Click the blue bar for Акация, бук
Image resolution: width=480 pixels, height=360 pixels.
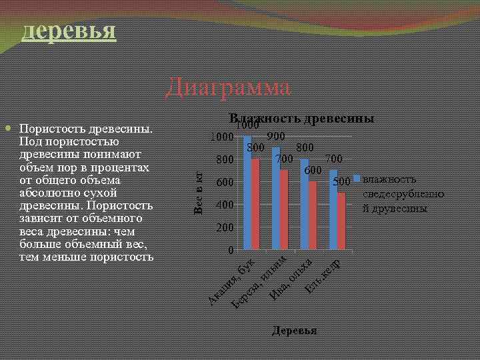pyautogui.click(x=247, y=193)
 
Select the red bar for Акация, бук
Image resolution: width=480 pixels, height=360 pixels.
pyautogui.click(x=256, y=205)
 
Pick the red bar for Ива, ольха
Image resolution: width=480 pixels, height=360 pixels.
pyautogui.click(x=313, y=216)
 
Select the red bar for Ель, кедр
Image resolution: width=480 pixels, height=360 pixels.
pyautogui.click(x=342, y=221)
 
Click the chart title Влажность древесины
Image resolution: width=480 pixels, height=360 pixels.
pyautogui.click(x=301, y=118)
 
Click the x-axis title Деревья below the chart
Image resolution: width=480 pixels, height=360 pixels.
pyautogui.click(x=294, y=331)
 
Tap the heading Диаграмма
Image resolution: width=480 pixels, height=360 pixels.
pyautogui.click(x=228, y=87)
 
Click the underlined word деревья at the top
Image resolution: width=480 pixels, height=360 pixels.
pyautogui.click(x=69, y=30)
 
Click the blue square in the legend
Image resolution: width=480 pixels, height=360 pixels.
pyautogui.click(x=357, y=179)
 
